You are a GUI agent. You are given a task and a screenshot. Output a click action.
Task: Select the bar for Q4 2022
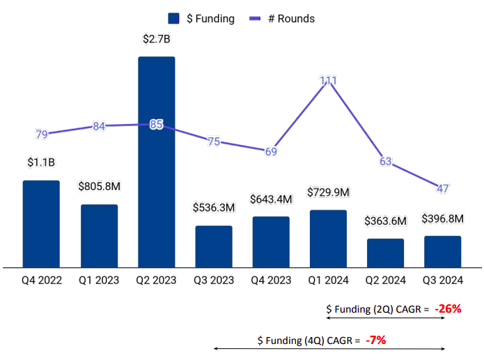coord(41,223)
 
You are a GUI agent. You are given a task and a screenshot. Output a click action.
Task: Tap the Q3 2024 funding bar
coord(442,251)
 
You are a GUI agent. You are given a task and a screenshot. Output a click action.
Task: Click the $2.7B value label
coord(156,39)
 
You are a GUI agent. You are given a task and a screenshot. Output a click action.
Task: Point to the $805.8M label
coord(99,187)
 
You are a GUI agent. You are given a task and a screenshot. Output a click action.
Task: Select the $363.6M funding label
coord(385,221)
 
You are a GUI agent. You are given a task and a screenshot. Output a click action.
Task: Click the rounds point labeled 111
coord(329,81)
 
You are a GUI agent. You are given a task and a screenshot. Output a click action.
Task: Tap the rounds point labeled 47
coord(443,188)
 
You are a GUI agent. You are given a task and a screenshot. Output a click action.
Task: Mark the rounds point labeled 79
coord(42,134)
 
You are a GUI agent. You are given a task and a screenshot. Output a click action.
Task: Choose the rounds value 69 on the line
coord(271,152)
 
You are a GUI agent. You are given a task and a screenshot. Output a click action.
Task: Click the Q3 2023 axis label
coord(214,281)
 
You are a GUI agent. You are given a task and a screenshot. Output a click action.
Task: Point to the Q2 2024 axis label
coord(385,281)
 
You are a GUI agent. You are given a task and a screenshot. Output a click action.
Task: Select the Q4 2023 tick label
coord(271,281)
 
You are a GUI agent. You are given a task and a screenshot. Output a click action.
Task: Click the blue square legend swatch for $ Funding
coord(174,19)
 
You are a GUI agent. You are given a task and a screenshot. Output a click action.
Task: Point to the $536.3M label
coord(214,208)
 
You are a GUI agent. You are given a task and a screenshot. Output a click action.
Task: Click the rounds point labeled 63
coord(386,162)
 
